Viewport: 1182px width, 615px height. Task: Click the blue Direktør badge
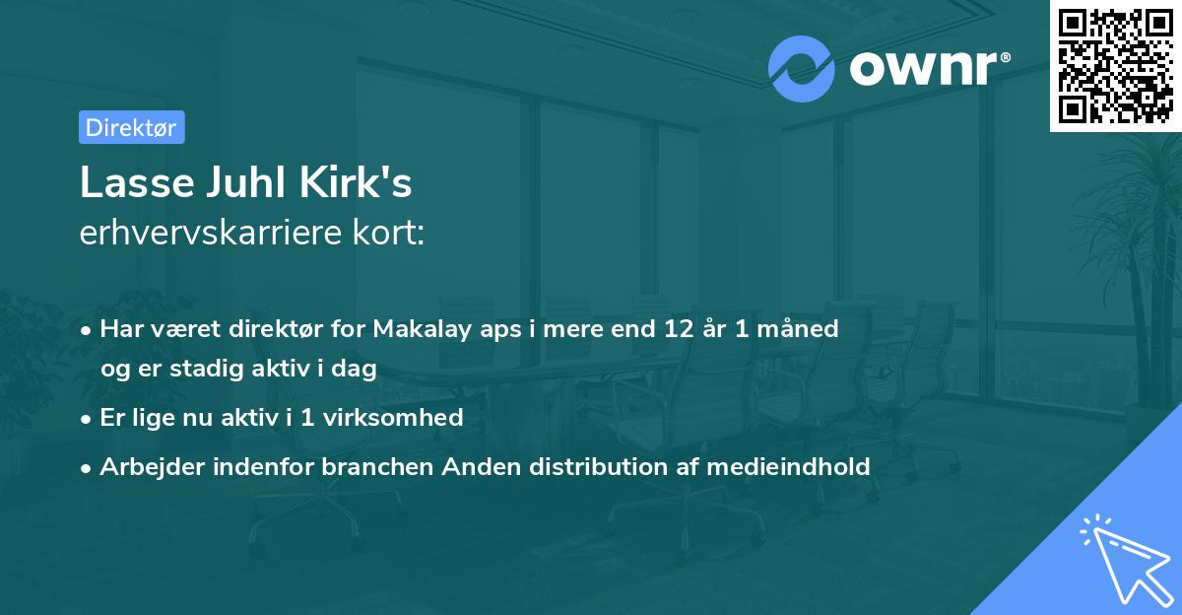(132, 127)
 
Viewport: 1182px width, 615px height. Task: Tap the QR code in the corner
(1116, 65)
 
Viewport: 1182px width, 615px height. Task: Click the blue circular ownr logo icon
(801, 69)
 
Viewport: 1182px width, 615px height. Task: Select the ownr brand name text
(930, 69)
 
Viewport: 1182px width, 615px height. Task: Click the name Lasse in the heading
(137, 182)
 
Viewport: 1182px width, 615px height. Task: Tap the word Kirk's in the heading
(356, 181)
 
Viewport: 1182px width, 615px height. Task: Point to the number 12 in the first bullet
(679, 329)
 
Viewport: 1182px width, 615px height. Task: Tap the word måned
(797, 328)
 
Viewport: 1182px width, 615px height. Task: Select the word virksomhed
(393, 418)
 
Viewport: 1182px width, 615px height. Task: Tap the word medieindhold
(788, 466)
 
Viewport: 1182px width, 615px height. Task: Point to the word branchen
(377, 466)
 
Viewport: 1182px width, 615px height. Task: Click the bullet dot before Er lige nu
(86, 420)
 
